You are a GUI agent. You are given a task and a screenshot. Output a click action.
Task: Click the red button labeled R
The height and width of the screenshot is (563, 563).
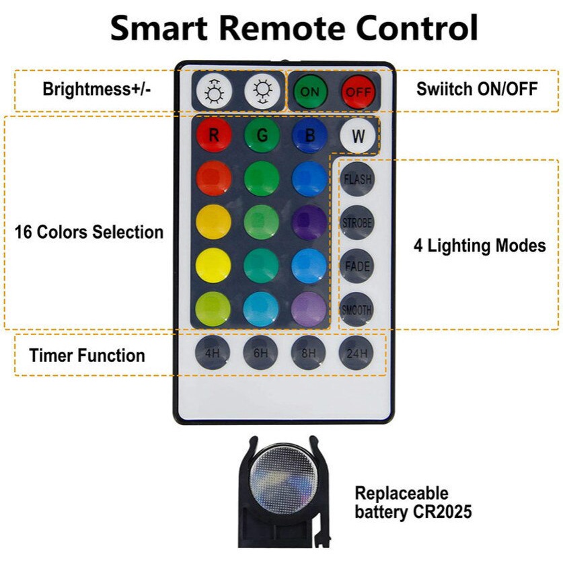214,135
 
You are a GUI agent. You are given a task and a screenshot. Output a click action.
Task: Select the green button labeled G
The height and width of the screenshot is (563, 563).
262,135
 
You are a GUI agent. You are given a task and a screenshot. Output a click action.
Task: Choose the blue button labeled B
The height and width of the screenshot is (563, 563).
309,135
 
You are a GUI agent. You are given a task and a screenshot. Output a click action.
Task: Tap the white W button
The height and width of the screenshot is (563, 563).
358,135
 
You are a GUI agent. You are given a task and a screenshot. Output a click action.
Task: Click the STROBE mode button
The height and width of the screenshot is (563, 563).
357,223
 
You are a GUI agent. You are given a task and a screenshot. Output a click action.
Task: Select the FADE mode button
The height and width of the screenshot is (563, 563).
357,266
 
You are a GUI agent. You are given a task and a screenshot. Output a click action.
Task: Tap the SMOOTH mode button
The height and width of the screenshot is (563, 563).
356,310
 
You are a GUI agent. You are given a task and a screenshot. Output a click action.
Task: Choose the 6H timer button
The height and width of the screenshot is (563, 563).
261,351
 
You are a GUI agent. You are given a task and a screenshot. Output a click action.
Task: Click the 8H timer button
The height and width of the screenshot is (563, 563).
309,351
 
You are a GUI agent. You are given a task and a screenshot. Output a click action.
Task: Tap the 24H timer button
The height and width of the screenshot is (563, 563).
356,351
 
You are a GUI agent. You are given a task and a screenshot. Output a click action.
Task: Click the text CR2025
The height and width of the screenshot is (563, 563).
442,512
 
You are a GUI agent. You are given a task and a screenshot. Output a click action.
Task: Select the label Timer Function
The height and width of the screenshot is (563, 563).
87,355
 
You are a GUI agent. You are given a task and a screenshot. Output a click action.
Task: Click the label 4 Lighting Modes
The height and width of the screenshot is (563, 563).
480,246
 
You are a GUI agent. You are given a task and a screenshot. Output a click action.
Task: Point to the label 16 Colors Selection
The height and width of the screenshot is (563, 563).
89,233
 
